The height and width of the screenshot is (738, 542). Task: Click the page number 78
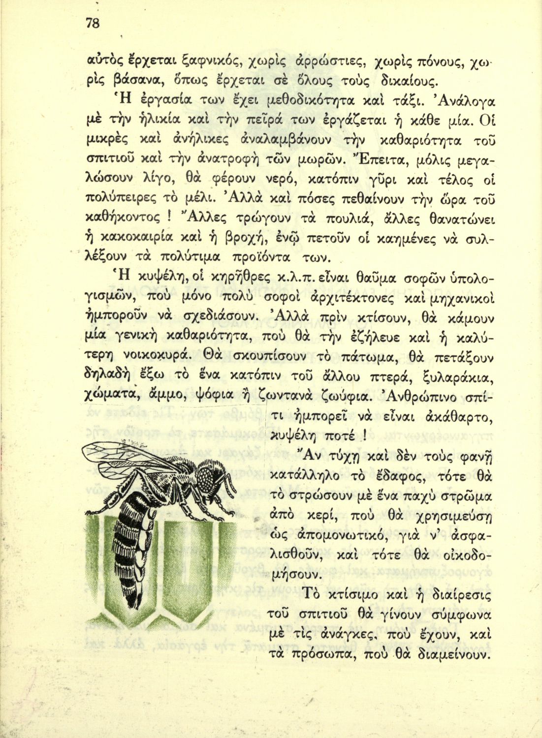(x=93, y=24)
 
